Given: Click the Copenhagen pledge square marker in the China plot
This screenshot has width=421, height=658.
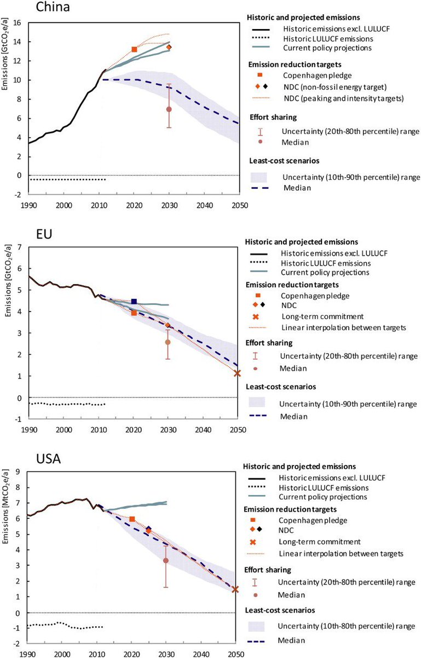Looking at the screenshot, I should click(x=134, y=49).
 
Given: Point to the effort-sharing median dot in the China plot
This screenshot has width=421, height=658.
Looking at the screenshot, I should click(x=169, y=109).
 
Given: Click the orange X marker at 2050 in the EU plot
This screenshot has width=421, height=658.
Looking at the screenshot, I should click(x=237, y=373).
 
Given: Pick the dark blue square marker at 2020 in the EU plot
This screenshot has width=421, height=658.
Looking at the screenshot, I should click(x=134, y=301).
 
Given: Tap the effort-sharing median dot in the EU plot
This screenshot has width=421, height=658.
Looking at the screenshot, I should click(x=168, y=342).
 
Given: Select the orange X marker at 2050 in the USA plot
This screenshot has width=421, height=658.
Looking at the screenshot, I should click(x=235, y=589).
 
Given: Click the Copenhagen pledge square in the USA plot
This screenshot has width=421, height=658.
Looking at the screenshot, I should click(x=132, y=519).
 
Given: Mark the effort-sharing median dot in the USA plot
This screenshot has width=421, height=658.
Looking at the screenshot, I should click(x=166, y=560).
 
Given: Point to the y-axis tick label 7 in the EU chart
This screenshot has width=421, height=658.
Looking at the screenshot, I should click(x=19, y=247).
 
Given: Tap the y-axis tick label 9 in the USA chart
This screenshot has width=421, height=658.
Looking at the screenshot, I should click(x=19, y=472).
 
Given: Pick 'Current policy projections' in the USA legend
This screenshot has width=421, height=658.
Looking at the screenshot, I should click(x=324, y=497).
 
